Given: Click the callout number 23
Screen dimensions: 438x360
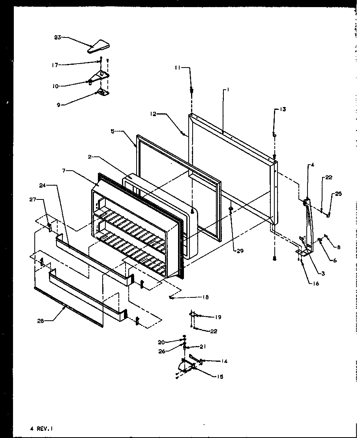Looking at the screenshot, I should (x=58, y=38).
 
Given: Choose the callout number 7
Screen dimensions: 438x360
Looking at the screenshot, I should (x=65, y=171).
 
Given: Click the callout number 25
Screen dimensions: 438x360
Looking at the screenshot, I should (x=339, y=194).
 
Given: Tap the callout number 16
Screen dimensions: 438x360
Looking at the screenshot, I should (x=314, y=283).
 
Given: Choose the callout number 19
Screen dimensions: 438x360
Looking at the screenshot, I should (x=218, y=317).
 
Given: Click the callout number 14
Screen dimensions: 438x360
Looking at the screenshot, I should (x=224, y=361).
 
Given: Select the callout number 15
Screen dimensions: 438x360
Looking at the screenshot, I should (x=219, y=376).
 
